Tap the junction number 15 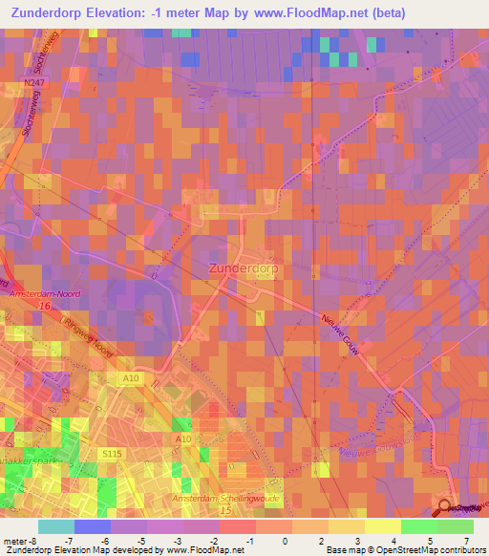[x=225, y=512]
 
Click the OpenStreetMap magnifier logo [x=445, y=505]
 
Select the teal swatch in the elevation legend [x=55, y=526]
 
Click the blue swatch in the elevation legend [x=93, y=526]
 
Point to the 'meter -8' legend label [x=20, y=541]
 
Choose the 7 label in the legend [x=468, y=541]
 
